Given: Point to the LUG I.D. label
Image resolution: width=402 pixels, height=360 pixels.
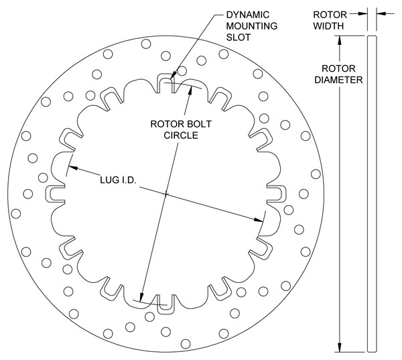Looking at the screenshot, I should click(118, 182).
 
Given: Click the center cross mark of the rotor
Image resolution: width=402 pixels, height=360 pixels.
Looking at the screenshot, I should click(165, 196).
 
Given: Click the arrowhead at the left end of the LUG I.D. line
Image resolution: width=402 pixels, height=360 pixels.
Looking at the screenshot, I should click(71, 168).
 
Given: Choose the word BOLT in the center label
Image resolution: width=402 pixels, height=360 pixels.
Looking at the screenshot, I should click(198, 123).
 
